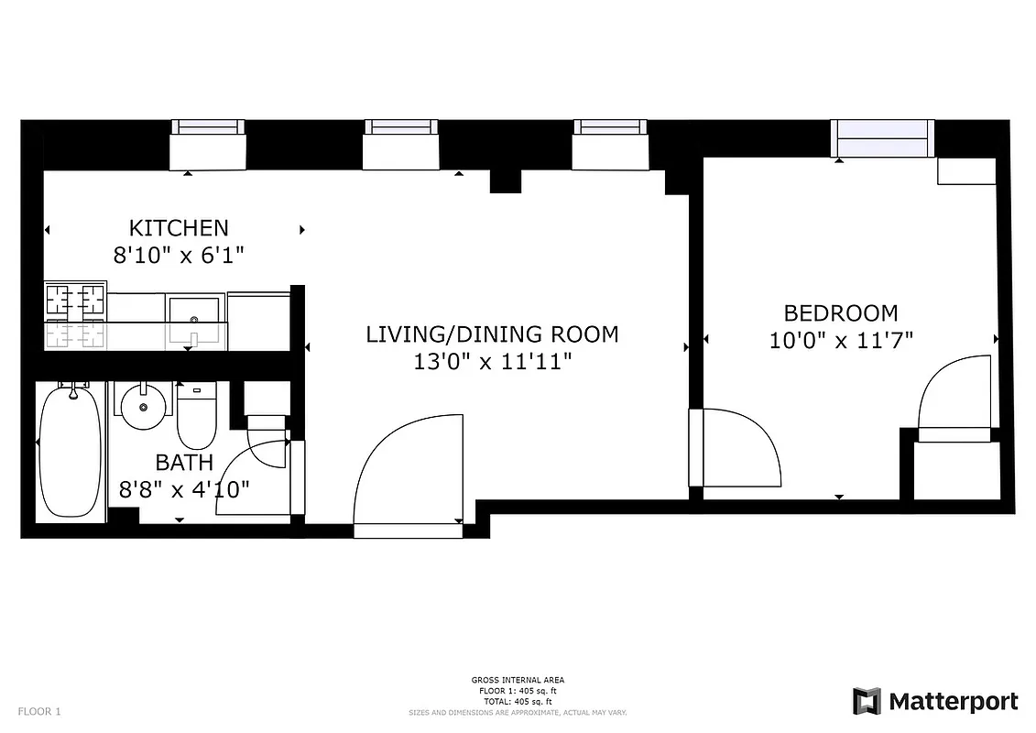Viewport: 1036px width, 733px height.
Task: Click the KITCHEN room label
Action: (179, 227)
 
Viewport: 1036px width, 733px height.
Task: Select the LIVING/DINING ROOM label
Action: (492, 334)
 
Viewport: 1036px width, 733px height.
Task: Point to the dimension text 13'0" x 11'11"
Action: (492, 362)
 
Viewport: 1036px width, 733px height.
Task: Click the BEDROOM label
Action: (841, 313)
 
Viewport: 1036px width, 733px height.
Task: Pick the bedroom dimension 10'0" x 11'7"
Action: (841, 341)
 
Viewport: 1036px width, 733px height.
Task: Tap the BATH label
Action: (184, 462)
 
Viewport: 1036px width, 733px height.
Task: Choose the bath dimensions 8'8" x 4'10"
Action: (184, 489)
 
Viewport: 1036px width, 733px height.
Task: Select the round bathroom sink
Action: (144, 406)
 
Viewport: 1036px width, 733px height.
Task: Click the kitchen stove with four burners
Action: (76, 316)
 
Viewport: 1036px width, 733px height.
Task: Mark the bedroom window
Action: (881, 138)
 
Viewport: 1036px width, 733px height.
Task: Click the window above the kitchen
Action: (209, 144)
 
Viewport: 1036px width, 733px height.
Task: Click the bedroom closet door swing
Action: (955, 394)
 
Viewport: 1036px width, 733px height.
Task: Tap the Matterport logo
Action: (935, 702)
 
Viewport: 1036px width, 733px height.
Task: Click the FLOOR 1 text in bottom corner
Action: (38, 711)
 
